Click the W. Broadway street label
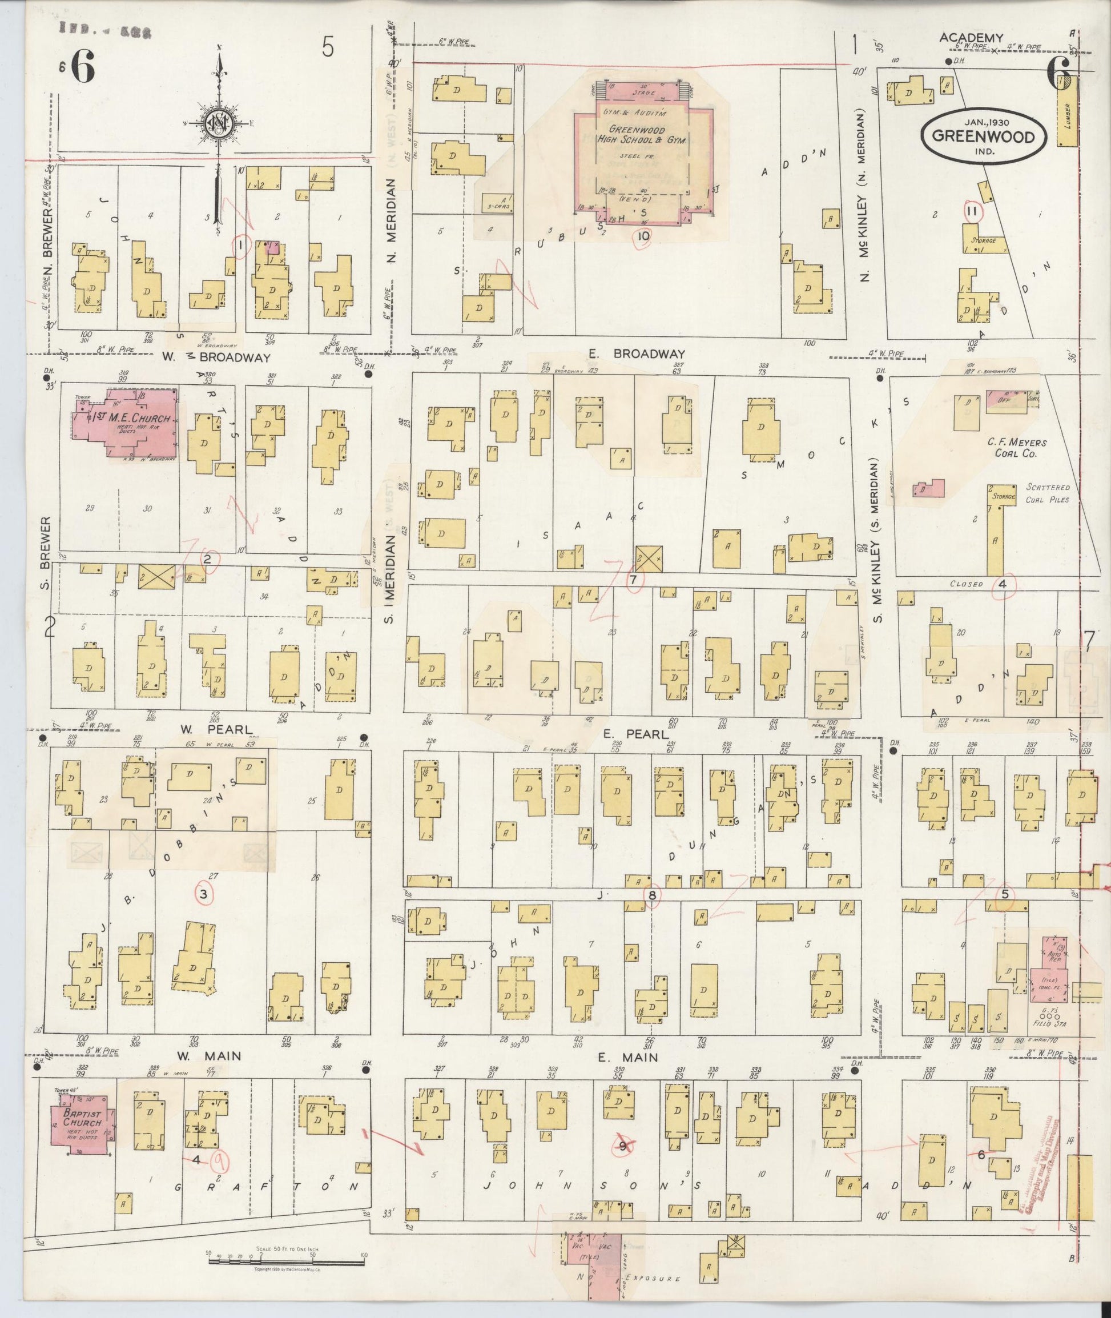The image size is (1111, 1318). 215,357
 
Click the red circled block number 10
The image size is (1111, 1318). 642,236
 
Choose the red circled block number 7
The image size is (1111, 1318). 634,580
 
